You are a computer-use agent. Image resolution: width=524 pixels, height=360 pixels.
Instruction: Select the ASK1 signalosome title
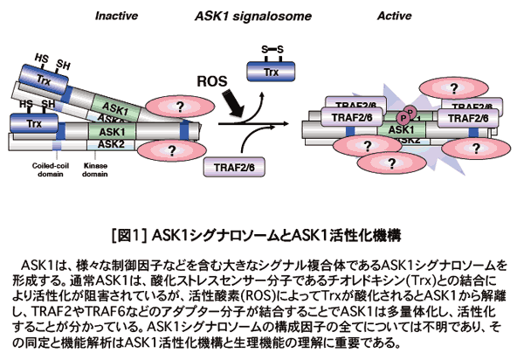coord(252,16)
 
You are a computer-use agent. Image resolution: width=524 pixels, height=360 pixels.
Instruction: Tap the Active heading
coord(395,16)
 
